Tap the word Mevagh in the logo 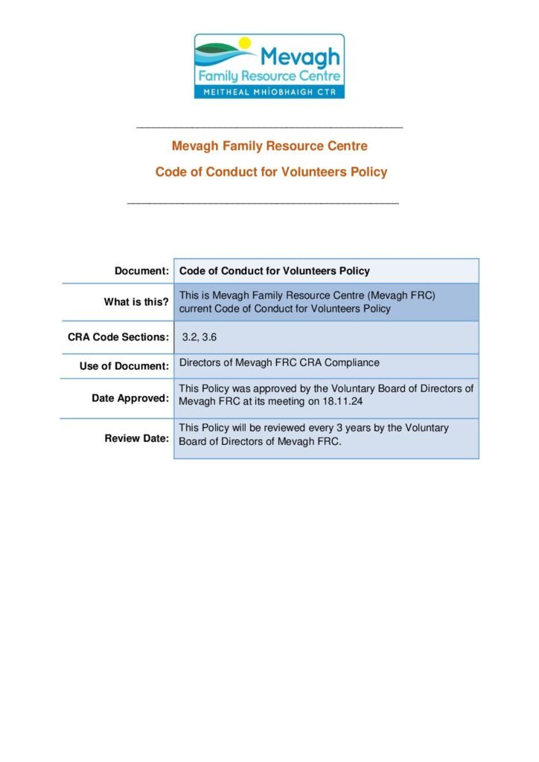tap(301, 57)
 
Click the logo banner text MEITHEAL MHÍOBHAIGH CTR tap(269, 92)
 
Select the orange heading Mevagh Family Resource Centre tap(269, 146)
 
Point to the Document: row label tap(141, 272)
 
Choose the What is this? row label tap(136, 301)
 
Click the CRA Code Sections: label tap(118, 337)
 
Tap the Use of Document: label tap(124, 366)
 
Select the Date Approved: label tap(130, 398)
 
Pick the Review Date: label tap(137, 438)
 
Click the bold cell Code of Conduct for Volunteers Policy tap(275, 272)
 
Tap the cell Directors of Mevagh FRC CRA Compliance tap(279, 363)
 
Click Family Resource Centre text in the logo tap(269, 76)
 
